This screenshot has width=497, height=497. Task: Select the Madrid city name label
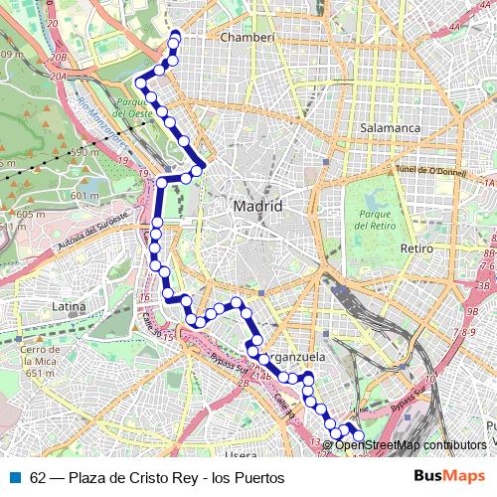(x=257, y=206)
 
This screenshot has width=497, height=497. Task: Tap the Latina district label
(x=70, y=306)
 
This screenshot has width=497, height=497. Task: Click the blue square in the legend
(x=13, y=478)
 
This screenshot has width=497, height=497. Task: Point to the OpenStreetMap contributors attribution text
(x=411, y=445)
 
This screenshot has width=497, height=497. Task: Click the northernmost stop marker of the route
(x=176, y=36)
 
